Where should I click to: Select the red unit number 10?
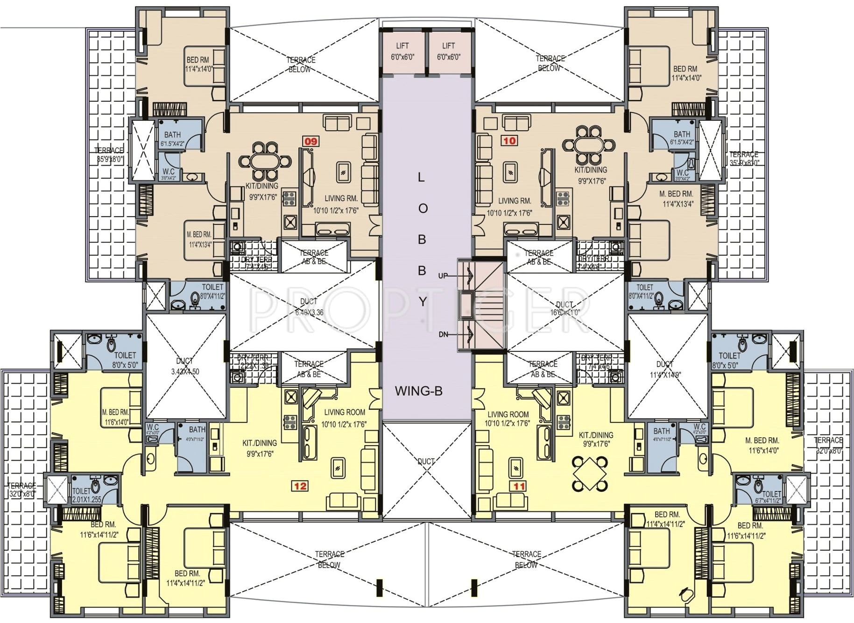[510, 140]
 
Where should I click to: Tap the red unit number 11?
[519, 486]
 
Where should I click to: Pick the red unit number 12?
[300, 486]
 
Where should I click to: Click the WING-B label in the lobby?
[418, 392]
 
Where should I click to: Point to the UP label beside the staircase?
[443, 276]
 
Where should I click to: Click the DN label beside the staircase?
[444, 335]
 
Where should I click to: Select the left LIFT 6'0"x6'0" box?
[402, 51]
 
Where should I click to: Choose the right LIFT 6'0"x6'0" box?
[448, 51]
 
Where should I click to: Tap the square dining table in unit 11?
[590, 474]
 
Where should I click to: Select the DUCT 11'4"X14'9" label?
[665, 369]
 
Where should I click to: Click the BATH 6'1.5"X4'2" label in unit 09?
[173, 139]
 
